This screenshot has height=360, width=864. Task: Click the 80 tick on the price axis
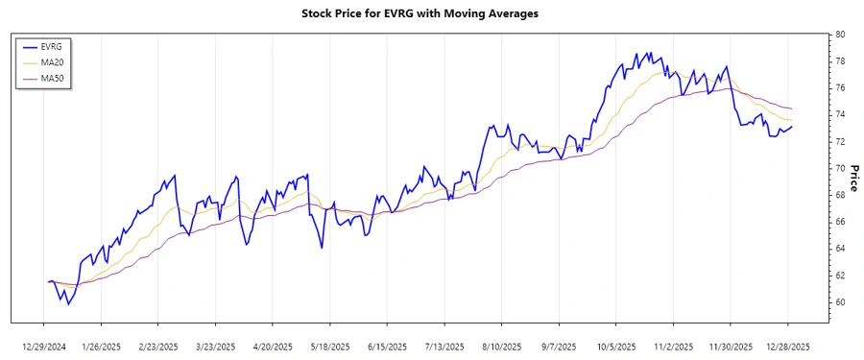[x=839, y=34]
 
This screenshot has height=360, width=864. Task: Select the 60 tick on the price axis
[x=839, y=301]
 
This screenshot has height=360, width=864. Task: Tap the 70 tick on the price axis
[x=839, y=168]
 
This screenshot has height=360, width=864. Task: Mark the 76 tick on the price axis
[x=839, y=87]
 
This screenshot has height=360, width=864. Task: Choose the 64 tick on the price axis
[x=839, y=248]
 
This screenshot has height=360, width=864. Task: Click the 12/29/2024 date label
[x=45, y=347]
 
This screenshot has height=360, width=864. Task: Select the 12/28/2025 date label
[x=788, y=347]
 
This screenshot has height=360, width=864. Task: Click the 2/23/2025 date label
[x=159, y=347]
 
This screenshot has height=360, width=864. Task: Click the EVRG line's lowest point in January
[x=68, y=304]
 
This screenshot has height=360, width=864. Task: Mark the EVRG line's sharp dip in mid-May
[x=321, y=249]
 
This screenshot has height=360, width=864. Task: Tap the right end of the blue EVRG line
[x=792, y=127]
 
